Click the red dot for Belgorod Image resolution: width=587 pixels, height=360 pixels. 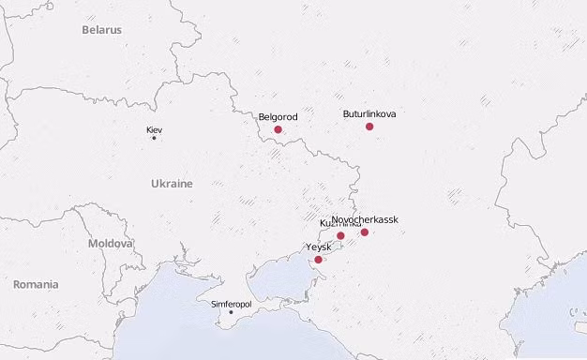point(278,129)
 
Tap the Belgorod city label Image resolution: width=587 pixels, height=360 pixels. point(278,117)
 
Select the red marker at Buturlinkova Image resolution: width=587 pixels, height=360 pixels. point(369,127)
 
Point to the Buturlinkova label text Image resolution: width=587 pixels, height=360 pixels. point(369,114)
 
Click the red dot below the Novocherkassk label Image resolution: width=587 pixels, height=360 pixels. point(365,232)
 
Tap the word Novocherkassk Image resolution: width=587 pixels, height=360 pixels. point(365,219)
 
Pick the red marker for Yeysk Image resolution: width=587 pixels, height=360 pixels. point(319,260)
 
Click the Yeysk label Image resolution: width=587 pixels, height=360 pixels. point(319,247)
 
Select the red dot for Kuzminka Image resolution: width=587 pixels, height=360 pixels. point(341,235)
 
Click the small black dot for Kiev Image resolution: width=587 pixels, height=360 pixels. point(154,139)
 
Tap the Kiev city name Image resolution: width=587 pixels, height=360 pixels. point(154,129)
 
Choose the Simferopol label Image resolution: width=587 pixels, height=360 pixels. point(231,304)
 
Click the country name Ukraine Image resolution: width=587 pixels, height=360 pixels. point(172,184)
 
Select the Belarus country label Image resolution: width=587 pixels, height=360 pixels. point(101,30)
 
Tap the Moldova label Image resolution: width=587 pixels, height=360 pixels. point(111,243)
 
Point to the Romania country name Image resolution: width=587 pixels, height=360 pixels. point(36,284)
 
